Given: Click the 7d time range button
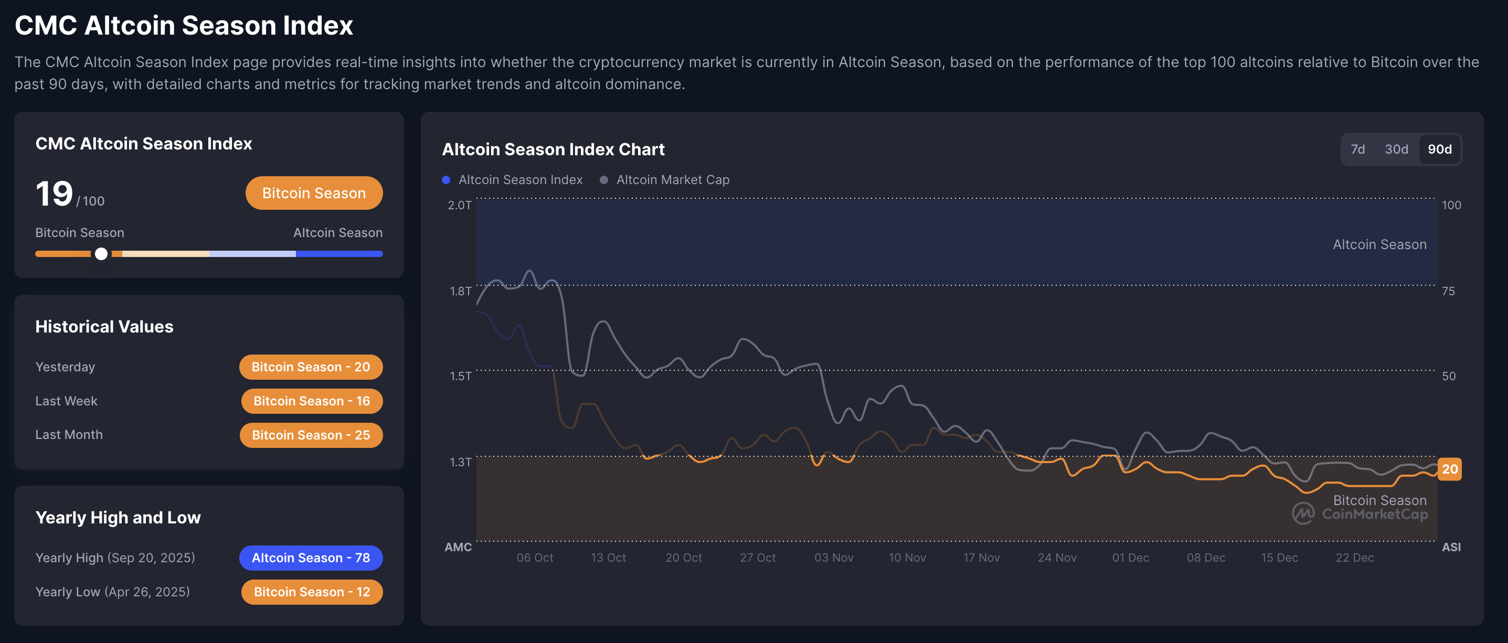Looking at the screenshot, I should pyautogui.click(x=1357, y=149).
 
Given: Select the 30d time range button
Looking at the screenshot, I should pyautogui.click(x=1396, y=149).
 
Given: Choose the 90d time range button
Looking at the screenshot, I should pyautogui.click(x=1439, y=149).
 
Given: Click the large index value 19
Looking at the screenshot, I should pyautogui.click(x=55, y=194).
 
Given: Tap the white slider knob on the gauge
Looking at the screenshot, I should pyautogui.click(x=101, y=254).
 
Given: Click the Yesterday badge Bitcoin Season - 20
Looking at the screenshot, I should pyautogui.click(x=311, y=367).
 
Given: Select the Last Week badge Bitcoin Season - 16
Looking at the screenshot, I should pyautogui.click(x=312, y=401).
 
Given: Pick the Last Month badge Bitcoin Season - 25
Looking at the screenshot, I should pyautogui.click(x=311, y=435).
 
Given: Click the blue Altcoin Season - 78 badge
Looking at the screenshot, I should pyautogui.click(x=311, y=558).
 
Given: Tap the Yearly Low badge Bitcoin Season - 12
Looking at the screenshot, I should pyautogui.click(x=312, y=592).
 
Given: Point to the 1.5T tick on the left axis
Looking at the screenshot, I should pyautogui.click(x=460, y=376).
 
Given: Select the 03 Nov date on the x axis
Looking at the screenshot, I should pyautogui.click(x=834, y=558).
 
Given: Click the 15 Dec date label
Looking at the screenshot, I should pyautogui.click(x=1279, y=558).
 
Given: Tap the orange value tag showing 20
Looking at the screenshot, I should pyautogui.click(x=1449, y=469).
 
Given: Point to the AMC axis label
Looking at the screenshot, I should pyautogui.click(x=458, y=547).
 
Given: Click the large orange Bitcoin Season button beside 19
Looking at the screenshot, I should pyautogui.click(x=314, y=193).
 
